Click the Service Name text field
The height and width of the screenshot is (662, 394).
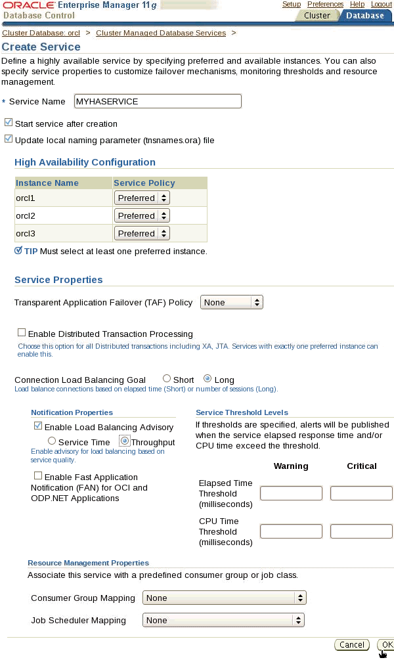click(158, 101)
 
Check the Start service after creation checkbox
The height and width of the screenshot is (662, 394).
click(9, 123)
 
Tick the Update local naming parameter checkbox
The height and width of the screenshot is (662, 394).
click(9, 139)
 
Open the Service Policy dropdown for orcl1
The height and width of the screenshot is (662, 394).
click(142, 198)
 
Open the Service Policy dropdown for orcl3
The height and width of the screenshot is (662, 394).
click(142, 233)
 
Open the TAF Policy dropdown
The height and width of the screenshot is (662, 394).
click(231, 302)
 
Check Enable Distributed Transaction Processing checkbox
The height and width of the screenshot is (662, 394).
click(22, 333)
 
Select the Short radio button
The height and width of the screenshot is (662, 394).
click(167, 379)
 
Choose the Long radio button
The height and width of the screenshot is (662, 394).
click(208, 379)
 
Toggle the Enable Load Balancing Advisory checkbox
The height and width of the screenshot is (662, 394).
click(38, 426)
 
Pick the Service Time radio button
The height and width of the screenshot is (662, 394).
click(52, 441)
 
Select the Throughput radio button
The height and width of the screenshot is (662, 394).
click(124, 441)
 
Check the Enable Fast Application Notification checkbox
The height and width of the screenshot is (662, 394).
click(38, 476)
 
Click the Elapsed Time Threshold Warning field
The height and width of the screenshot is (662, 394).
click(291, 493)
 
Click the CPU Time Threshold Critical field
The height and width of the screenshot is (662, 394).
click(361, 531)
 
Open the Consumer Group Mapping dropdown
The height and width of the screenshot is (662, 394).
click(225, 598)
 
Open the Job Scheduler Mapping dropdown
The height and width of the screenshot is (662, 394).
click(223, 620)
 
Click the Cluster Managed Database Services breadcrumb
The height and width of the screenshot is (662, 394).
click(161, 33)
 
